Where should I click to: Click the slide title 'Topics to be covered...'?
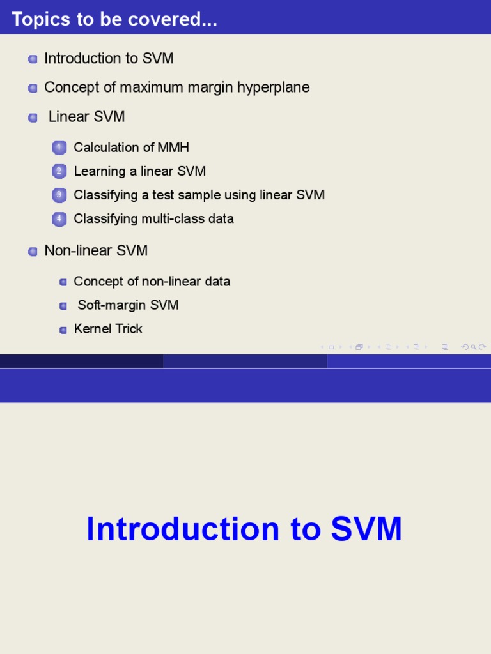tap(114, 19)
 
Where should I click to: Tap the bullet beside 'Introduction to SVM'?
tap(33, 59)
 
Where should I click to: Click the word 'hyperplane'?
tap(273, 87)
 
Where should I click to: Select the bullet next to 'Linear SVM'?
tap(33, 118)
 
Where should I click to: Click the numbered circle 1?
tap(59, 148)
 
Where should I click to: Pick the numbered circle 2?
tap(59, 171)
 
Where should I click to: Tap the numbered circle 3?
tap(59, 195)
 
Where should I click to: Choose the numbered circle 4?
tap(59, 218)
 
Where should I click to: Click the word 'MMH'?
tap(173, 148)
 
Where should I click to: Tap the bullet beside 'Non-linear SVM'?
tap(33, 252)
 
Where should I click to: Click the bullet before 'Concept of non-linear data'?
tap(63, 282)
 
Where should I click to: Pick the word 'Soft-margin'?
tap(112, 305)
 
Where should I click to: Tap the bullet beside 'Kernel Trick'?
tap(63, 330)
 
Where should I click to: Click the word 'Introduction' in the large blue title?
tap(183, 528)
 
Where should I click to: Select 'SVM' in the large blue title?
tap(366, 528)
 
